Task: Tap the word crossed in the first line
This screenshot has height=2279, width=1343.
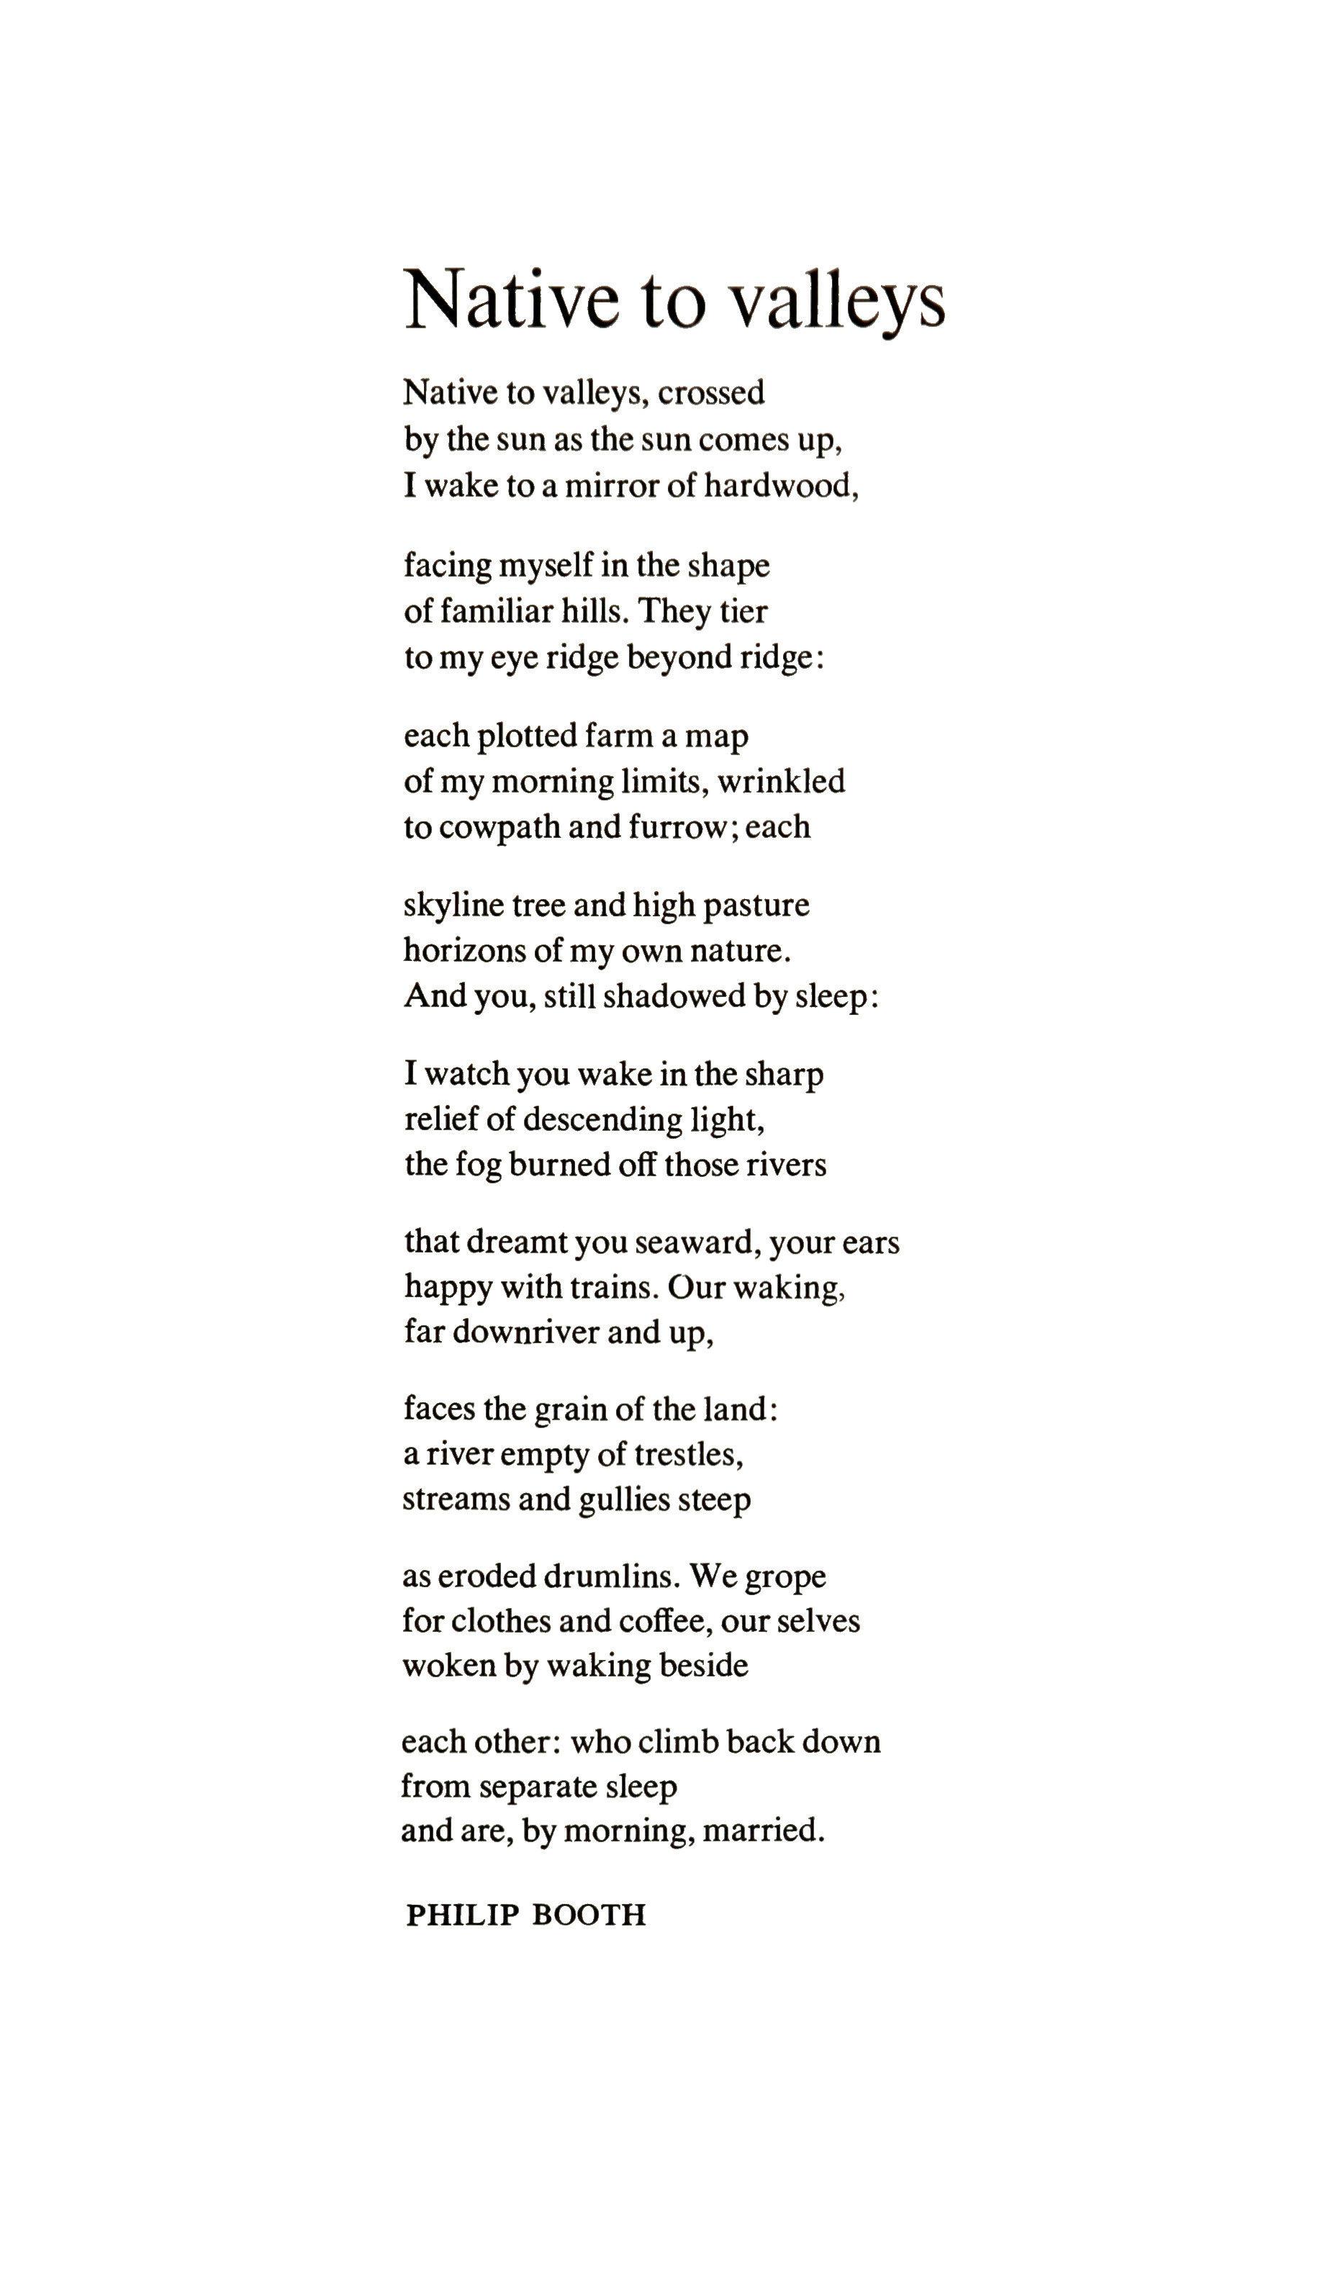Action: point(710,393)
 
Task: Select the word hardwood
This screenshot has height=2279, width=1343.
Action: point(780,487)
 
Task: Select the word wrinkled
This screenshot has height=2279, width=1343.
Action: point(781,781)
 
